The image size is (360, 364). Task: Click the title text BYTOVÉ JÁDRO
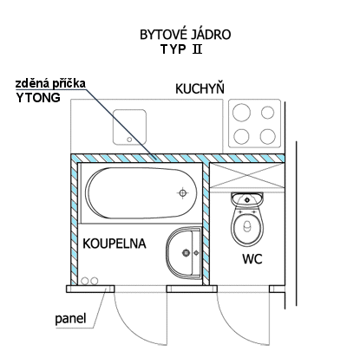click(186, 35)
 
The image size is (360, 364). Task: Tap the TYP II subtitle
click(181, 49)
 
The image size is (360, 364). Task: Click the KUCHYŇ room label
click(200, 88)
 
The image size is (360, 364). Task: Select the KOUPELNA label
click(115, 244)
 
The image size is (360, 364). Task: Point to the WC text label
click(252, 258)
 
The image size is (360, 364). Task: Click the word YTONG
click(38, 98)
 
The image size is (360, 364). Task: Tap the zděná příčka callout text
click(50, 83)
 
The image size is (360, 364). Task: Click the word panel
click(70, 319)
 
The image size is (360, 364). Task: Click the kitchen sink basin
click(129, 127)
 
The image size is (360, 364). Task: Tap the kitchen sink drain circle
click(129, 140)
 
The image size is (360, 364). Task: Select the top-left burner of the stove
click(242, 113)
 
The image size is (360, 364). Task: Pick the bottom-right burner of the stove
click(267, 136)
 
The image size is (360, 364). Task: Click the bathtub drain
click(182, 193)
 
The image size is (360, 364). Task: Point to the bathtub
click(141, 192)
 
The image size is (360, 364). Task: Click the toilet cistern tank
click(247, 198)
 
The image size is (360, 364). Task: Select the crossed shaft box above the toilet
click(247, 175)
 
